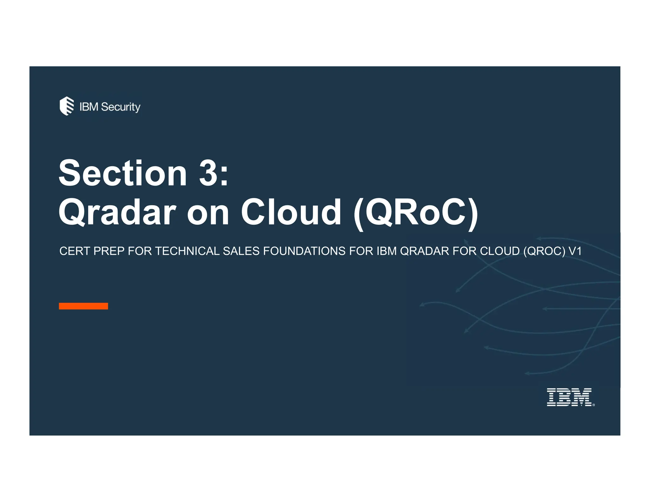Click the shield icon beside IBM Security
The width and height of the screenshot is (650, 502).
[x=67, y=106]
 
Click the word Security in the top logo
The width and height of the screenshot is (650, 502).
[x=121, y=107]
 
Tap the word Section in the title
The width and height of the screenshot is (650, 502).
[x=123, y=173]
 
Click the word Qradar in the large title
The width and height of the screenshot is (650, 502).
[x=117, y=212]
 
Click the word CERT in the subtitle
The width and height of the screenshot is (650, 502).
[x=74, y=251]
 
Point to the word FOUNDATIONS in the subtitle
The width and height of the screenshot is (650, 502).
[x=304, y=251]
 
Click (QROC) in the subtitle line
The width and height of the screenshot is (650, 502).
[x=544, y=251]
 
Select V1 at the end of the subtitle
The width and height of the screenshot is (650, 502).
[x=575, y=251]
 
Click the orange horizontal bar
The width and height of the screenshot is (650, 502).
[x=83, y=306]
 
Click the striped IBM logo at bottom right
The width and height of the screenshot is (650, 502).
[x=569, y=397]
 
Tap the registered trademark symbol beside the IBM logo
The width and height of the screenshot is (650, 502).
[x=594, y=405]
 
